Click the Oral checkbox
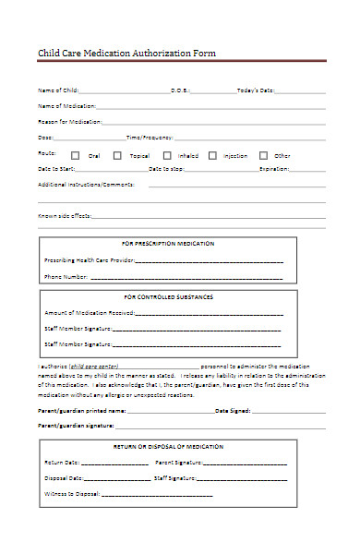(x=76, y=156)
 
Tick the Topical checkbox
(x=117, y=156)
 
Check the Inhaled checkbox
(x=167, y=156)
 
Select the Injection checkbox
(x=212, y=156)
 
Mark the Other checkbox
(x=262, y=156)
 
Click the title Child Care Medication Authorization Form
(x=126, y=54)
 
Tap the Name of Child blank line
(x=125, y=91)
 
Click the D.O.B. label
(x=180, y=90)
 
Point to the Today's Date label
(x=256, y=90)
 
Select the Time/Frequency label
(x=149, y=137)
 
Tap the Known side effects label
(x=64, y=215)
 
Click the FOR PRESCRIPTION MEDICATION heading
(x=168, y=244)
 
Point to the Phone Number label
(x=66, y=277)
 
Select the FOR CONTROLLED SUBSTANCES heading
(x=168, y=297)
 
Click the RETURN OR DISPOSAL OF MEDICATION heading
(x=168, y=446)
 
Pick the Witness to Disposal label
(x=71, y=496)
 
